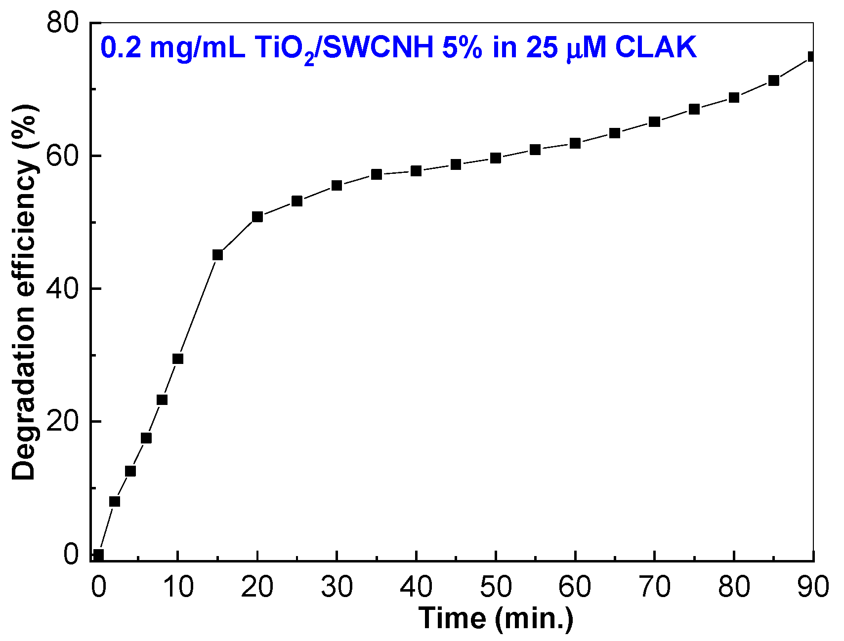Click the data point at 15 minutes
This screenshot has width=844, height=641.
[217, 255]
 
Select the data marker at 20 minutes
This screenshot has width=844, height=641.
[257, 217]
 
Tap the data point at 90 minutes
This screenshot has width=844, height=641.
[812, 56]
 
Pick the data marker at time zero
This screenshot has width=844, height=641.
[98, 555]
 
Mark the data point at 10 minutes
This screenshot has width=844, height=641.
[178, 359]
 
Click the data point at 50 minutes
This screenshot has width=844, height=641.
[496, 158]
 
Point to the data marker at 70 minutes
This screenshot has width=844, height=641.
[654, 121]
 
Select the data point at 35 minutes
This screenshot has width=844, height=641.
[377, 174]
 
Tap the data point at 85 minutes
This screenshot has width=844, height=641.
[774, 80]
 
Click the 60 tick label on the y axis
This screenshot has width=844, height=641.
[63, 156]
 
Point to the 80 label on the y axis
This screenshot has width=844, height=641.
[63, 23]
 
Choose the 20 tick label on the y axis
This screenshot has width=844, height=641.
[63, 422]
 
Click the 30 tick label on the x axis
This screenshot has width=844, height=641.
[337, 587]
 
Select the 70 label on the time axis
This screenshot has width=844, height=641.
[655, 587]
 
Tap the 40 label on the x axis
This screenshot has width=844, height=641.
[417, 587]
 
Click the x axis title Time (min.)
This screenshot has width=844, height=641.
[496, 618]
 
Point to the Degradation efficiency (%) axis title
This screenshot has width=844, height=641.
[25, 291]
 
